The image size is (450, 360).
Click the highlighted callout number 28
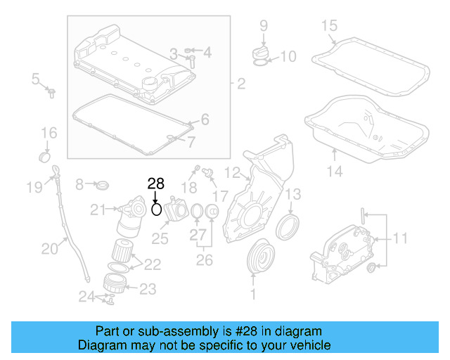pos(155,184)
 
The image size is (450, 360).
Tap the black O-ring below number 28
pos(157,209)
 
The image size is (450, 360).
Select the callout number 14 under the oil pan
pos(335,171)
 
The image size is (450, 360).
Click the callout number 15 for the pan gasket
pos(330,27)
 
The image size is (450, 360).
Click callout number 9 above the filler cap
pos(264,26)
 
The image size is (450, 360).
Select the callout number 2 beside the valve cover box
pos(241,85)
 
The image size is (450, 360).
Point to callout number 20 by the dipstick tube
pos(49,247)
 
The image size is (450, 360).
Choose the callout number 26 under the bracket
pos(204,260)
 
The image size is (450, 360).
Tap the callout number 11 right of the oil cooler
pos(399,239)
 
